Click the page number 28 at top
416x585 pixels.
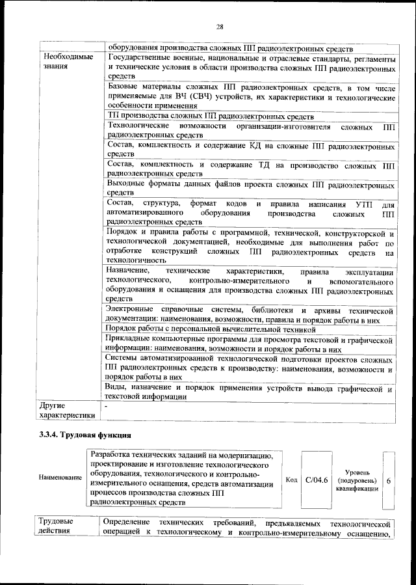220,27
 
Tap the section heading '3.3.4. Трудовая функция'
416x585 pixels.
85,433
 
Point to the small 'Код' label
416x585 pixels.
292,480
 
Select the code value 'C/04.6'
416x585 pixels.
317,480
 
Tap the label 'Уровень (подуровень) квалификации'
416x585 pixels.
357,480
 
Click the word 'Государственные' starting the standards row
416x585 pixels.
139,58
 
